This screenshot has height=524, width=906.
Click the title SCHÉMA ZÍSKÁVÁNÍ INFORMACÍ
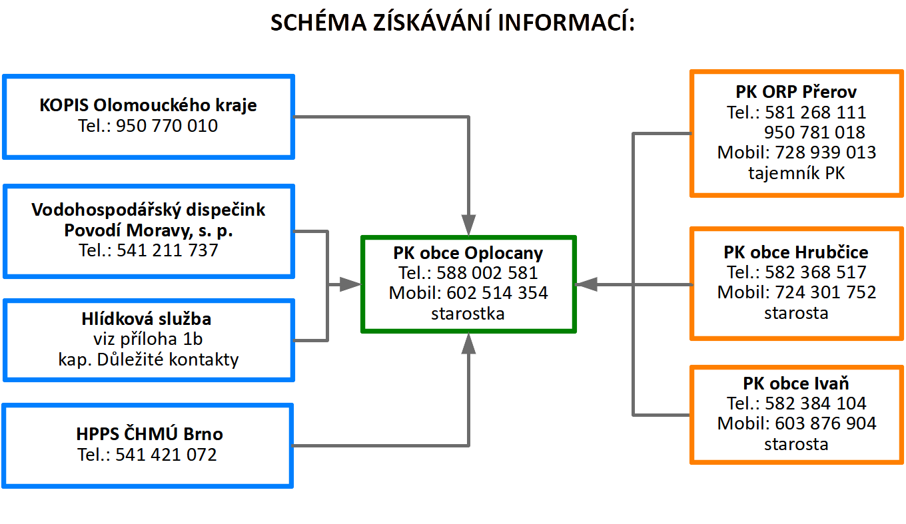(452, 23)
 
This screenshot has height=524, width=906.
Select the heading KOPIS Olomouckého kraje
(148, 105)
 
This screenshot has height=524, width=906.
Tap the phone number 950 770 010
(167, 126)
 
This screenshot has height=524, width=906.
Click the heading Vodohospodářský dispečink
(148, 210)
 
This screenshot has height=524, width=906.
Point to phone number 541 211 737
(167, 251)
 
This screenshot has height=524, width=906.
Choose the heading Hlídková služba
(148, 319)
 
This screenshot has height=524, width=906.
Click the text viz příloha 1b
(148, 340)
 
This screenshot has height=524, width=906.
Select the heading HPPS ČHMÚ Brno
(148, 435)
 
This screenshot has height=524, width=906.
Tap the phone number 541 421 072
(167, 455)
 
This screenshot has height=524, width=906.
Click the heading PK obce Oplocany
(468, 253)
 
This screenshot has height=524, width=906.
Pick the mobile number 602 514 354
(497, 293)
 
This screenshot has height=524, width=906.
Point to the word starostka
(468, 314)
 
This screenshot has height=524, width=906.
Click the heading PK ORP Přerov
(796, 92)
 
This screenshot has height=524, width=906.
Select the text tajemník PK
(796, 174)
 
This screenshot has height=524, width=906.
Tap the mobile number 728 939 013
(825, 152)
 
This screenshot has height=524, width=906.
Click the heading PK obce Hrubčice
(796, 252)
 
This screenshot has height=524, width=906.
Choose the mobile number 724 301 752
(825, 292)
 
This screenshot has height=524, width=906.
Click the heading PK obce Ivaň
(796, 384)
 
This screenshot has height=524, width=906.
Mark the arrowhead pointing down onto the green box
(469, 225)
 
